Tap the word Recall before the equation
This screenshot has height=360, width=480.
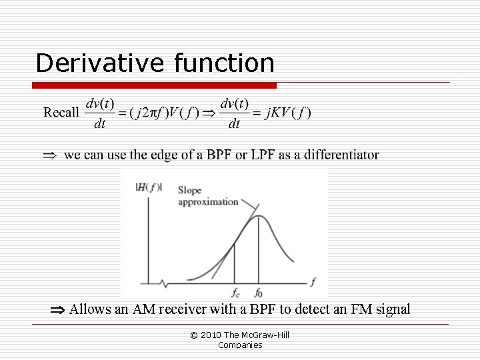point(61,112)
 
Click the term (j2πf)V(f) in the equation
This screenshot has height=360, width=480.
point(163,112)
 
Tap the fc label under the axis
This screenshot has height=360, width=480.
point(235,292)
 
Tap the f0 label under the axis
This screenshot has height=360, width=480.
point(259,292)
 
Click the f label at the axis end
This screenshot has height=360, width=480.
point(313,282)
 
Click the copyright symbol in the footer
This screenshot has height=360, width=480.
point(194,335)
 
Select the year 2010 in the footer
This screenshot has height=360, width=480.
point(211,335)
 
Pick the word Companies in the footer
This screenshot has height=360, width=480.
point(240,345)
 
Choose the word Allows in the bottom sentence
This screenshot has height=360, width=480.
point(91,309)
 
